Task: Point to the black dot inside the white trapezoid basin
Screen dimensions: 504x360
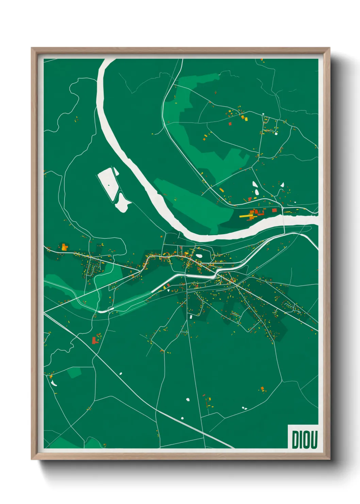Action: point(109,185)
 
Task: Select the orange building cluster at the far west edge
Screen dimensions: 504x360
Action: point(64,247)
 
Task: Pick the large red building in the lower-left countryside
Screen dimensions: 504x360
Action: point(94,340)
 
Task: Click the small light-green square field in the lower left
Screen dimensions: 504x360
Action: point(74,373)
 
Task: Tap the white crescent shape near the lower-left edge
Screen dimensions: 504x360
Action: point(53,383)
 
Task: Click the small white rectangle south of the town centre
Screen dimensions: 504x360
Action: point(191,317)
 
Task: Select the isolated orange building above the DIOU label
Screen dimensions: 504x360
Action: point(262,388)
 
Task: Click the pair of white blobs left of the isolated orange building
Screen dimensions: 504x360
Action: point(244,408)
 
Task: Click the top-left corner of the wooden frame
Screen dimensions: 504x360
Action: point(32,48)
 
